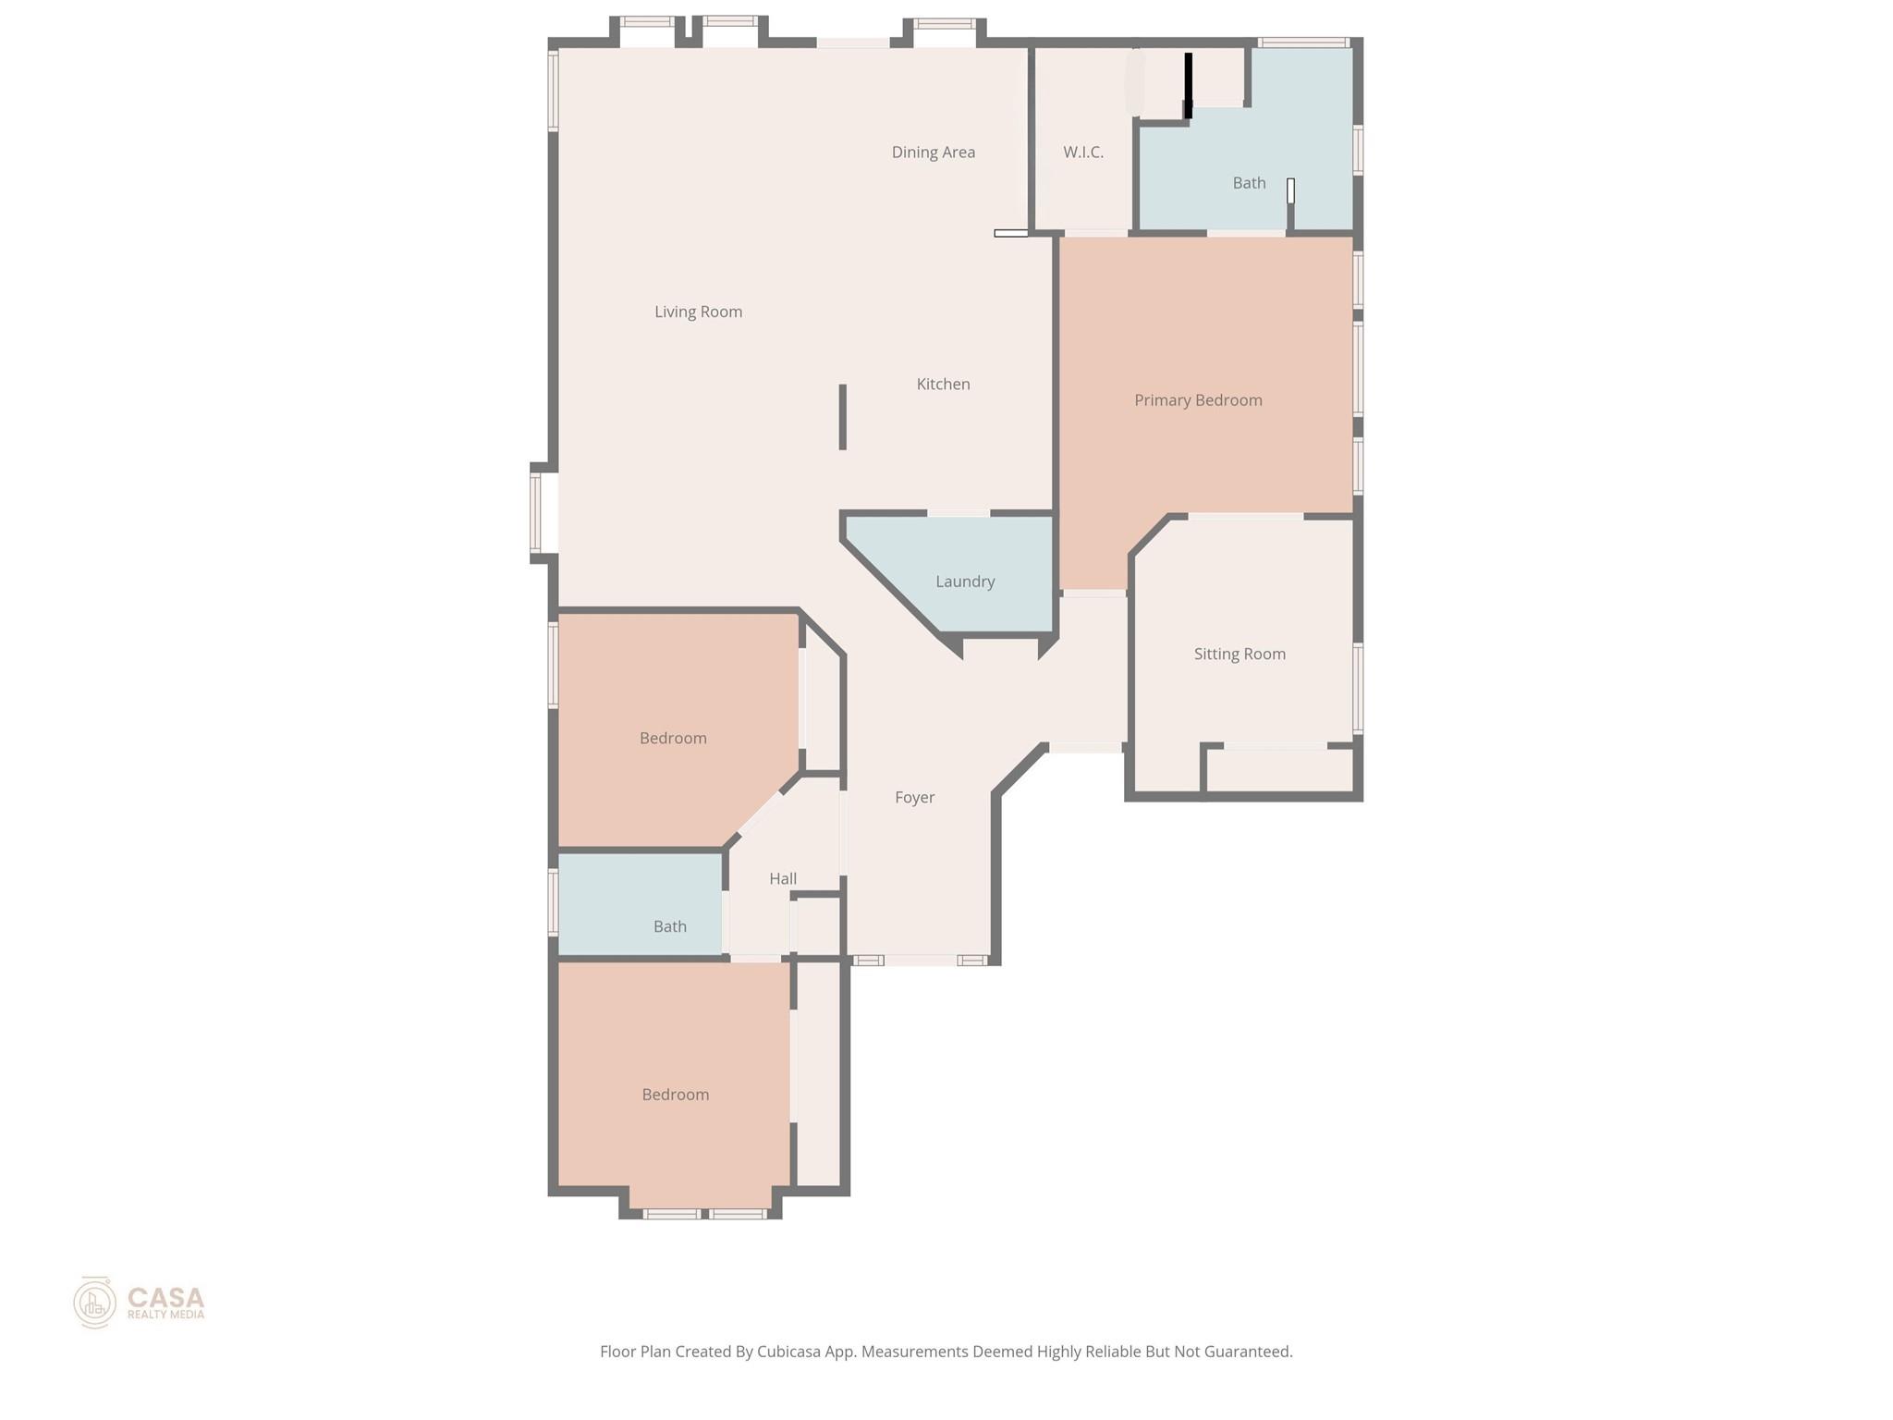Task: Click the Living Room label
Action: coord(698,312)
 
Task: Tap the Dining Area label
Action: coord(933,153)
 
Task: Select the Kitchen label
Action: coord(943,385)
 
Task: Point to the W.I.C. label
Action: coord(1082,153)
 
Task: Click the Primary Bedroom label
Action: coord(1198,400)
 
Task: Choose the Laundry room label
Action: coord(965,581)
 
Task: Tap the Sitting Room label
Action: coord(1240,655)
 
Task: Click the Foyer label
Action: coord(914,798)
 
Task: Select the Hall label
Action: coord(783,879)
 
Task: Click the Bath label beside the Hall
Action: coord(669,926)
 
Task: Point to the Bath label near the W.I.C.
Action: coord(1249,183)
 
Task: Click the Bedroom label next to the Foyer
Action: coord(673,739)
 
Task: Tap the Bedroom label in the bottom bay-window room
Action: coord(676,1095)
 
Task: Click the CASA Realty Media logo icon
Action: coord(94,1303)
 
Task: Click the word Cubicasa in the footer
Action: coord(790,1352)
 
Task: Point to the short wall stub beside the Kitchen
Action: coord(842,417)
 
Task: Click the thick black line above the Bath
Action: coord(1189,85)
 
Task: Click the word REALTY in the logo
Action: coord(145,1315)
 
